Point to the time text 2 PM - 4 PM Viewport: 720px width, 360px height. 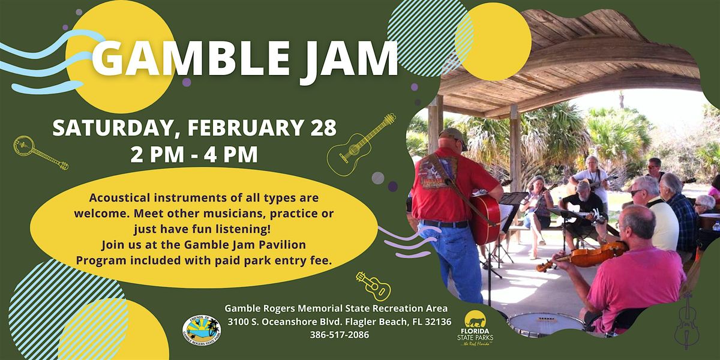tap(194, 155)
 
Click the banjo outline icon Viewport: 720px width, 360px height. tap(40, 152)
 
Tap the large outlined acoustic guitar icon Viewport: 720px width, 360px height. tap(361, 145)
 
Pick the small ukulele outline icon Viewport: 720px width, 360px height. tap(373, 286)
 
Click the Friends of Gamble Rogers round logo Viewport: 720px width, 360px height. tap(202, 330)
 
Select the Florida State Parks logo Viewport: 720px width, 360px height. tap(475, 328)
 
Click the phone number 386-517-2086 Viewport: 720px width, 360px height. tap(340, 335)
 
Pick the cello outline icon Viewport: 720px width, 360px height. tap(687, 321)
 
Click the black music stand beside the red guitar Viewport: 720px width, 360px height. tap(511, 209)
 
